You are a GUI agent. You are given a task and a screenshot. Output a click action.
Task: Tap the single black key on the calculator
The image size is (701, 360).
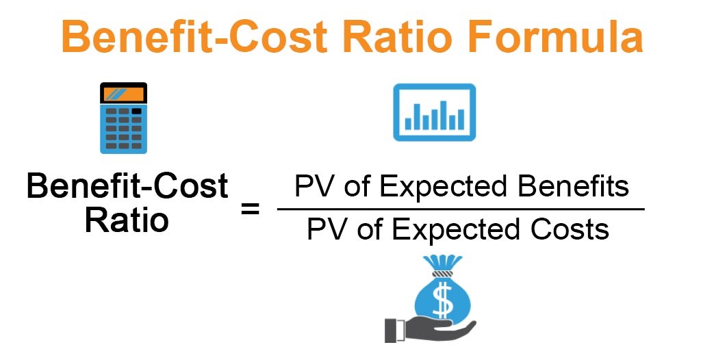coord(137,110)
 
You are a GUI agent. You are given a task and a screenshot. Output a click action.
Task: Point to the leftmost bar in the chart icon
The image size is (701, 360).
coord(409,123)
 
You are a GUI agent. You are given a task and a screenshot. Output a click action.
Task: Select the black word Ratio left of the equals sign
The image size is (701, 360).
coord(127,220)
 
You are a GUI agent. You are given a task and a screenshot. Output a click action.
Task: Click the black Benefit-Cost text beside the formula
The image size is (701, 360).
coord(127,187)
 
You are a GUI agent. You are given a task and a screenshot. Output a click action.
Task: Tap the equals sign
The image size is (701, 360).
coord(250,209)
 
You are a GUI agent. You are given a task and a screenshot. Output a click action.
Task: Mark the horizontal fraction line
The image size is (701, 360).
coord(460,209)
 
